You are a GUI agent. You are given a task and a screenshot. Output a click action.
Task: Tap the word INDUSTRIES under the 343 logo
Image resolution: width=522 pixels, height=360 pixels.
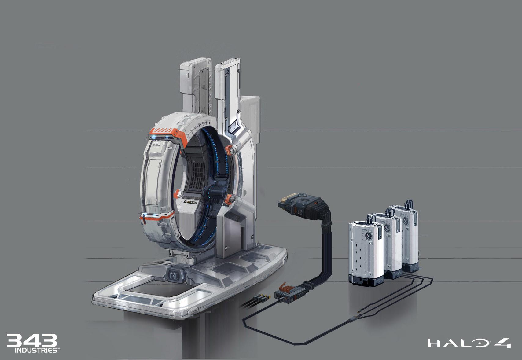(x=36, y=350)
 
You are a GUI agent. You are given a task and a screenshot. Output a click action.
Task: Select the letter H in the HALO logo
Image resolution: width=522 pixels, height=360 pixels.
(x=434, y=343)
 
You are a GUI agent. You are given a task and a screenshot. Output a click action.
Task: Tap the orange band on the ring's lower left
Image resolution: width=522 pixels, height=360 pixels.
(x=156, y=217)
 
